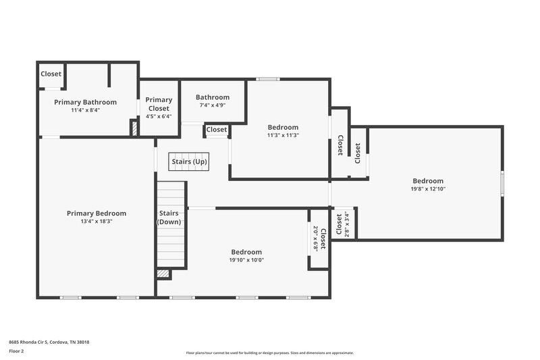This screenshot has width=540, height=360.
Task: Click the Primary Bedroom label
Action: click(x=94, y=213)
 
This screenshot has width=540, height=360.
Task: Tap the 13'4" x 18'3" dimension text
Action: click(x=94, y=221)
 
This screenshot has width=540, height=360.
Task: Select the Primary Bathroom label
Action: click(x=85, y=102)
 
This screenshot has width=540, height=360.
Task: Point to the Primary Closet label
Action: click(x=159, y=104)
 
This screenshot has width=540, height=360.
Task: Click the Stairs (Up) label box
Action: click(x=189, y=162)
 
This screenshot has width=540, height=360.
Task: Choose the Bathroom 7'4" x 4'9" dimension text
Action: click(x=213, y=105)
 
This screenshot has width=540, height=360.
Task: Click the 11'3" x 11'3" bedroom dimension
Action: click(x=283, y=135)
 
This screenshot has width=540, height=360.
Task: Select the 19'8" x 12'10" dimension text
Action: click(x=428, y=189)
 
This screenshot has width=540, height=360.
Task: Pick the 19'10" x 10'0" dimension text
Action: click(x=246, y=260)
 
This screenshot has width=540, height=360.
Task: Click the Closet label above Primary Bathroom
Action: click(x=51, y=74)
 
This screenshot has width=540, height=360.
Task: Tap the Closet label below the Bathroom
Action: click(x=217, y=130)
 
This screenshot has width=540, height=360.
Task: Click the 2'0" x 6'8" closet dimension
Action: click(x=315, y=239)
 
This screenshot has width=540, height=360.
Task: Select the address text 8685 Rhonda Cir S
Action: click(x=49, y=342)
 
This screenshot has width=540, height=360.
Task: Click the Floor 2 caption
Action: click(x=16, y=351)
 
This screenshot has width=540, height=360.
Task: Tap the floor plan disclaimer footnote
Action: click(x=269, y=353)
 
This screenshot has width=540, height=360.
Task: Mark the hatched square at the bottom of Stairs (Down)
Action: click(x=163, y=274)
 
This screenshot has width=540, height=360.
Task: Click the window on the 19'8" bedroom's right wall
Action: click(x=502, y=183)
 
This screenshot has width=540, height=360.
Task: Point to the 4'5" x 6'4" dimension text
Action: click(x=159, y=116)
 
